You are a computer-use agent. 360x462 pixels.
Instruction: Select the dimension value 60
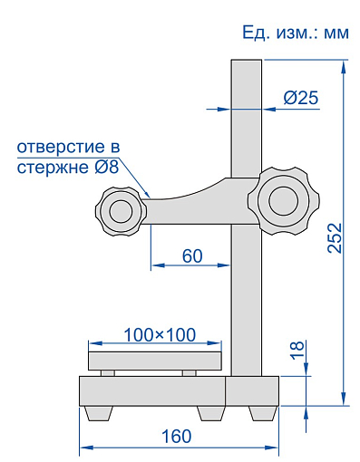[191, 255]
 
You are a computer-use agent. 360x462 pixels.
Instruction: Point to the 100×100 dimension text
[159, 334]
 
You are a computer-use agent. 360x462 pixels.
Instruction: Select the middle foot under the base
[210, 412]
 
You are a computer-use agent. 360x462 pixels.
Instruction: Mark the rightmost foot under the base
[262, 412]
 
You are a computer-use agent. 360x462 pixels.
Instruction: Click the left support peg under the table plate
[108, 372]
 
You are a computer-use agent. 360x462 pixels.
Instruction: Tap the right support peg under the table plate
[189, 372]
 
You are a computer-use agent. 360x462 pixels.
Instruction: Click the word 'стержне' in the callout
[47, 167]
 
